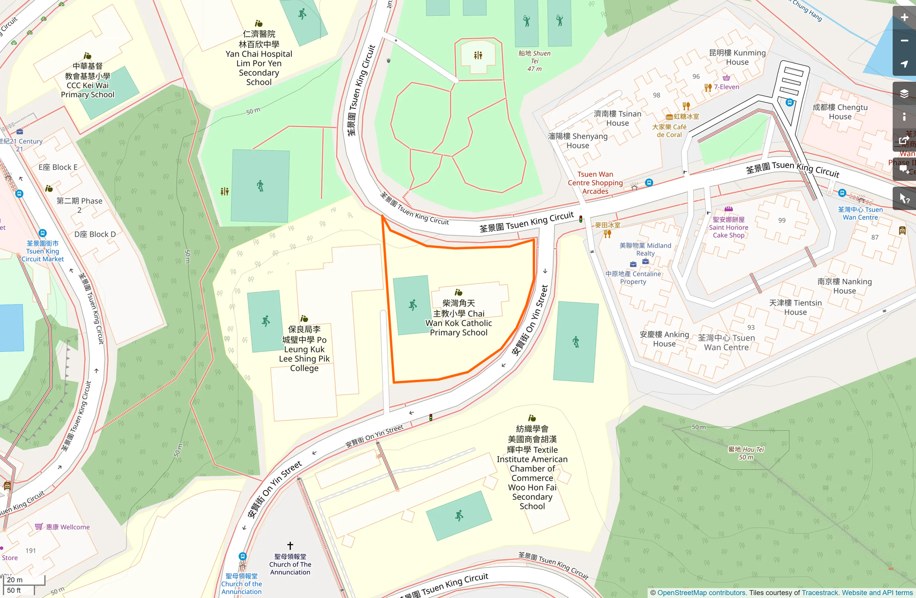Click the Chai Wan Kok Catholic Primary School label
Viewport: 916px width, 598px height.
pos(458,317)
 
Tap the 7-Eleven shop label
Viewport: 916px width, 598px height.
pos(726,87)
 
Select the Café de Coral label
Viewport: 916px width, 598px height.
pos(669,131)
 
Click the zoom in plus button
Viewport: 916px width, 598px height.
pos(904,18)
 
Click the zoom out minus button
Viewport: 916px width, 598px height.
pos(904,41)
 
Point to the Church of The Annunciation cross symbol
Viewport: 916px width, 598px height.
pos(290,545)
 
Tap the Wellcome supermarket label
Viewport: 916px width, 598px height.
pos(68,527)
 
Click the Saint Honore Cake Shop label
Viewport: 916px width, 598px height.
pos(728,228)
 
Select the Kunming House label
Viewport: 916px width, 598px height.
pos(737,57)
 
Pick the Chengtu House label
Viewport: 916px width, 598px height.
pos(840,112)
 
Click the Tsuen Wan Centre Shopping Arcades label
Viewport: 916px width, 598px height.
pos(595,183)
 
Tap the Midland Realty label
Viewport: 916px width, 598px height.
pos(645,249)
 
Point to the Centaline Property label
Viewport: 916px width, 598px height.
pos(633,278)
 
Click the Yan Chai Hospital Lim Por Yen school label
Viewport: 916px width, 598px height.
pos(259,58)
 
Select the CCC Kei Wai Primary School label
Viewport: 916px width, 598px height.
pos(88,80)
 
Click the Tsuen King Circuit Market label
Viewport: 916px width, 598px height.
pos(42,251)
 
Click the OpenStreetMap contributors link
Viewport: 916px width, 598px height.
pos(701,593)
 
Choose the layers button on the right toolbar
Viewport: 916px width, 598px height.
pos(904,93)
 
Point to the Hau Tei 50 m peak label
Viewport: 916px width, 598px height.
pos(746,453)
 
